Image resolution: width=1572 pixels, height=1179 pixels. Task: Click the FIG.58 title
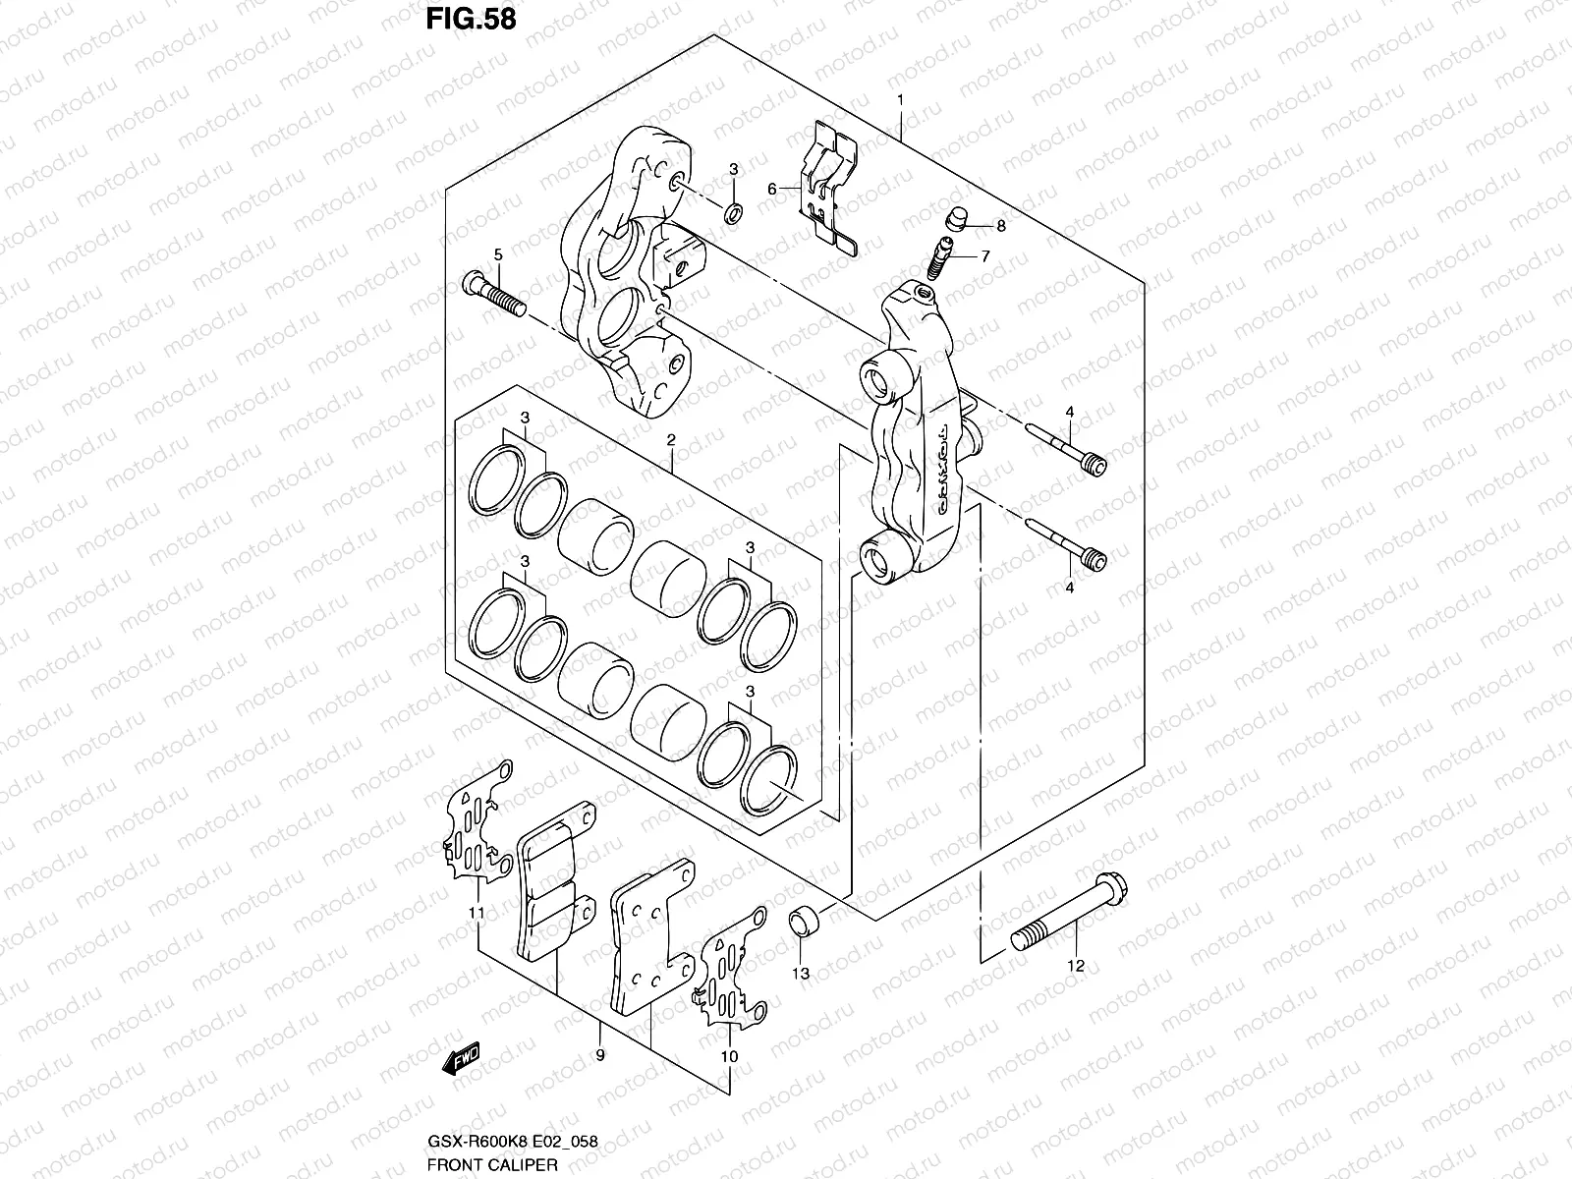click(470, 20)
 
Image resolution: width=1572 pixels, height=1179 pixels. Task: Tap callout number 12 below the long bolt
click(1075, 966)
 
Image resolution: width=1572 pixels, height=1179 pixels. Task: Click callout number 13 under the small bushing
click(801, 973)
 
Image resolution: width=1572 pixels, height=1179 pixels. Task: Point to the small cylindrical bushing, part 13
click(804, 922)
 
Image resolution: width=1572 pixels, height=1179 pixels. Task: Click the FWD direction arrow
click(460, 1059)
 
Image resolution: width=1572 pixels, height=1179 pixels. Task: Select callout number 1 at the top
click(899, 101)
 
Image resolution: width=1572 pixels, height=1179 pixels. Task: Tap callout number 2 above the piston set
click(670, 441)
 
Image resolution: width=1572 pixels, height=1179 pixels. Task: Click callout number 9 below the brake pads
click(599, 1055)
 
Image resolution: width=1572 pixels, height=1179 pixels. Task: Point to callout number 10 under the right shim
click(729, 1056)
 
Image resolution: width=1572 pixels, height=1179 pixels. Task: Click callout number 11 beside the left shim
click(477, 914)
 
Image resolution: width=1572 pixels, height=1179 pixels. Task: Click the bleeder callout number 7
click(984, 256)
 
